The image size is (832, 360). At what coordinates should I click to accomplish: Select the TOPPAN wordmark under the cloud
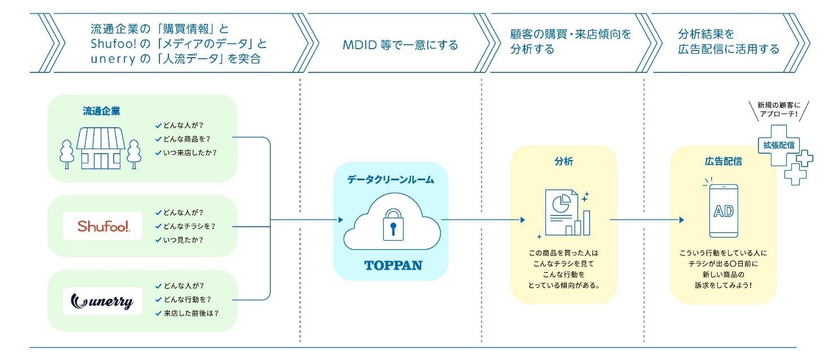(x=393, y=264)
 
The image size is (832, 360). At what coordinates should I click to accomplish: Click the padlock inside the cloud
(x=391, y=224)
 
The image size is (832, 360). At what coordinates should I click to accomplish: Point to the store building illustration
(x=101, y=148)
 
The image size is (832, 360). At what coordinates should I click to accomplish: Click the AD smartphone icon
(x=723, y=211)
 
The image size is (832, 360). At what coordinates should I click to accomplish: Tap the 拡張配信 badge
(x=779, y=145)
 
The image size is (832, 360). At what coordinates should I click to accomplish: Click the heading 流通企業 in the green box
(x=101, y=111)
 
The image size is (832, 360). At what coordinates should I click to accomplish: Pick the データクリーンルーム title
(x=391, y=180)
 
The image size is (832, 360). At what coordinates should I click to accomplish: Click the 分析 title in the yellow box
(x=563, y=162)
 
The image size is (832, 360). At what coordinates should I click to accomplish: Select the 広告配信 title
(x=723, y=162)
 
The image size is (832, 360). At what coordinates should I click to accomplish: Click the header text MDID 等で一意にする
(x=400, y=45)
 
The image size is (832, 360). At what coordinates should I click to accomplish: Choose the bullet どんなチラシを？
(x=189, y=226)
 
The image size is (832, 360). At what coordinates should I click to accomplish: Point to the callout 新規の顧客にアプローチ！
(x=778, y=110)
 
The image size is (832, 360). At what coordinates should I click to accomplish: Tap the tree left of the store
(x=67, y=153)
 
